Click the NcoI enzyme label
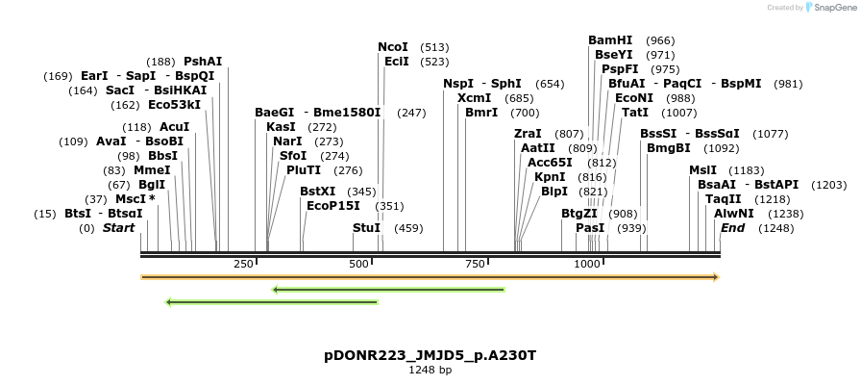393,47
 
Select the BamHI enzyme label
610,40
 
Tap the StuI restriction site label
366,228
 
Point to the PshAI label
203,62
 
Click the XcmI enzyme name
474,98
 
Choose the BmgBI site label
668,148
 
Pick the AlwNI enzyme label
733,214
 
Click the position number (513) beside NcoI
434,47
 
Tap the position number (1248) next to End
775,228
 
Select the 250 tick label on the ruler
243,264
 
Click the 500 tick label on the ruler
359,264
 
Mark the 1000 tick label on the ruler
587,264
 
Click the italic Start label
118,228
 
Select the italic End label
732,228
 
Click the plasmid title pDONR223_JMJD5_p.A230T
430,355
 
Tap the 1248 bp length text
430,370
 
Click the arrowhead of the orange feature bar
715,277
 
